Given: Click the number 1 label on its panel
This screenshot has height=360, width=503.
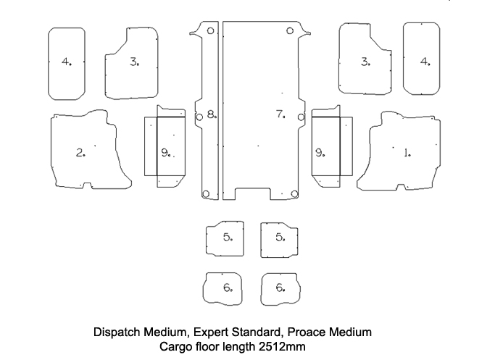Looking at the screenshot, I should click(407, 152).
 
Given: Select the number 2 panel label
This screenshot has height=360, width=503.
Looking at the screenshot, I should click(80, 152).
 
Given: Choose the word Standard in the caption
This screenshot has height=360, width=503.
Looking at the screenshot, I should click(257, 332).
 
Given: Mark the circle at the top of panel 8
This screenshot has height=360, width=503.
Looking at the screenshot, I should click(210, 31).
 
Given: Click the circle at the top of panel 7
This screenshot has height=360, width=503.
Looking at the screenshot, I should click(290, 31).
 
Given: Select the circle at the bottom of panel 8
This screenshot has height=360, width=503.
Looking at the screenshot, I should click(206, 193).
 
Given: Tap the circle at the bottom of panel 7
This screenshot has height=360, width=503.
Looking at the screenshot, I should click(293, 193).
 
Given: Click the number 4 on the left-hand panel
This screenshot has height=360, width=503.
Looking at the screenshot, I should click(66, 62).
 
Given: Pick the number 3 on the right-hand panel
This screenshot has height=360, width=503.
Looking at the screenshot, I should click(365, 62).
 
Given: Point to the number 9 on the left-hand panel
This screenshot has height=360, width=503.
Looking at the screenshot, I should click(165, 153).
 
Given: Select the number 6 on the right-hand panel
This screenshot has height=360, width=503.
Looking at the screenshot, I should click(280, 288).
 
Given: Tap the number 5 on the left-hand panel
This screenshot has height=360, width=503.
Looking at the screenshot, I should click(228, 238).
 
